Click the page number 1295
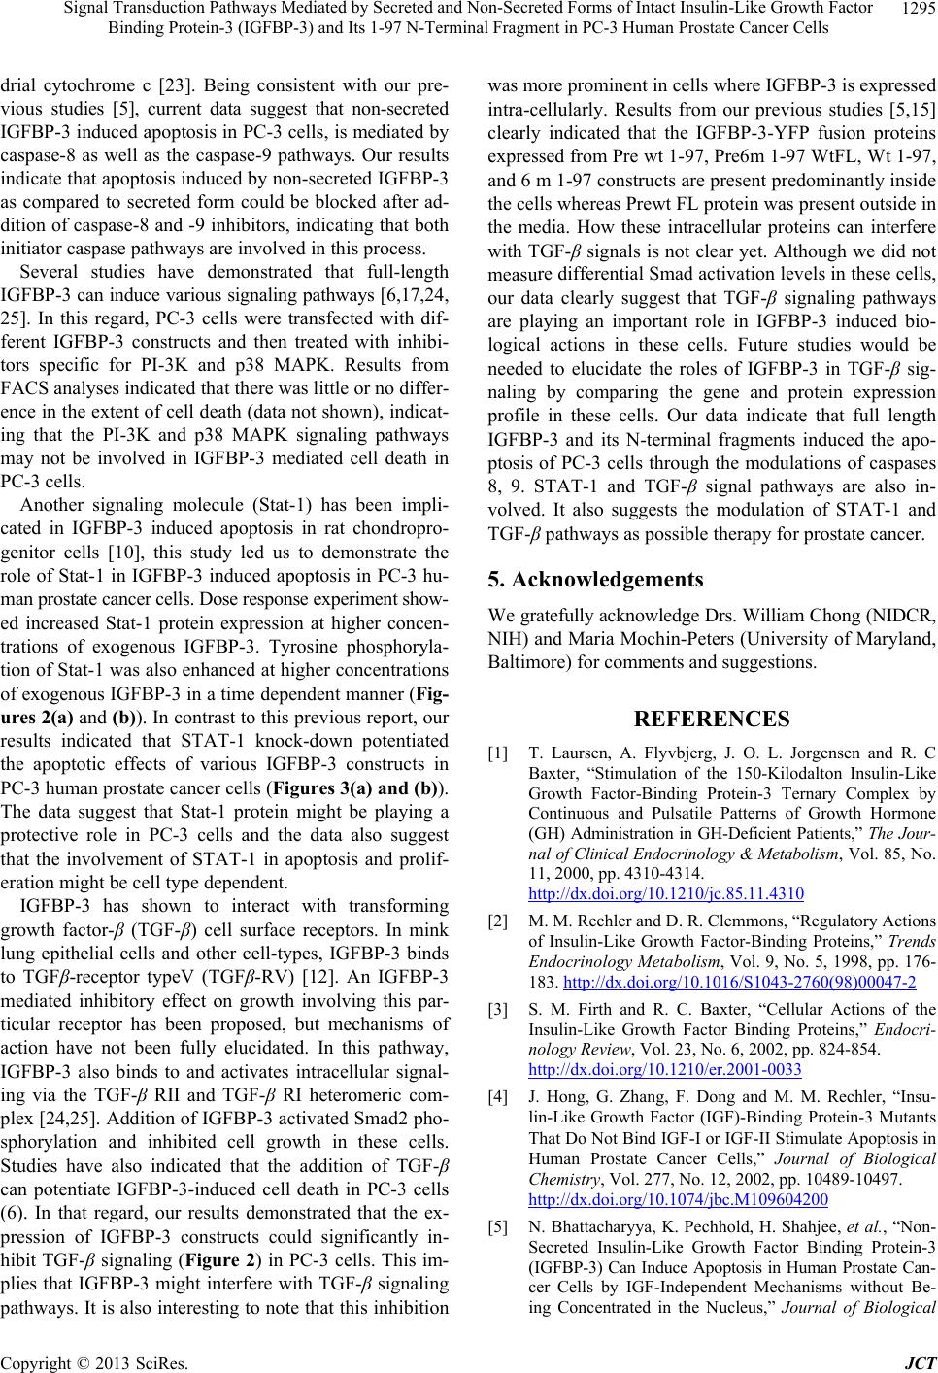(917, 10)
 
